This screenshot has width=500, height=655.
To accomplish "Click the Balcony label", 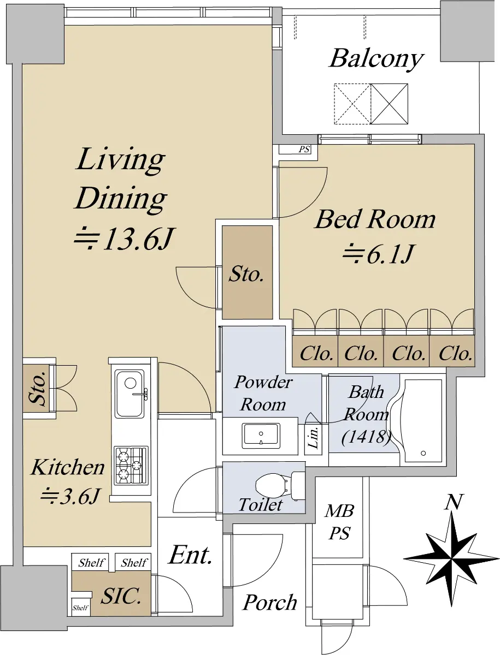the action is click(x=377, y=59).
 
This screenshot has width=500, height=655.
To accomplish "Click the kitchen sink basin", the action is click(x=130, y=394).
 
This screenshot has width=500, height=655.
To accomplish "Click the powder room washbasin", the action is click(x=261, y=436).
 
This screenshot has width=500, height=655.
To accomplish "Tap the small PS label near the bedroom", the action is click(x=304, y=149).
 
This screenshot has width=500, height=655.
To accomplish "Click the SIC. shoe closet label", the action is click(x=121, y=597).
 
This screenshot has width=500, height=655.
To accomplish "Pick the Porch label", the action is click(x=270, y=603).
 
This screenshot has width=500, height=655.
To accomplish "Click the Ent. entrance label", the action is click(x=190, y=555).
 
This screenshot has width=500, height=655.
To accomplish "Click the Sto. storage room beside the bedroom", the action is click(x=247, y=272).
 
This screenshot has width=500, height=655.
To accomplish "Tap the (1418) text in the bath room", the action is click(x=366, y=438).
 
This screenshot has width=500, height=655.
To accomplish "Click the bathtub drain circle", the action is click(x=423, y=453).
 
